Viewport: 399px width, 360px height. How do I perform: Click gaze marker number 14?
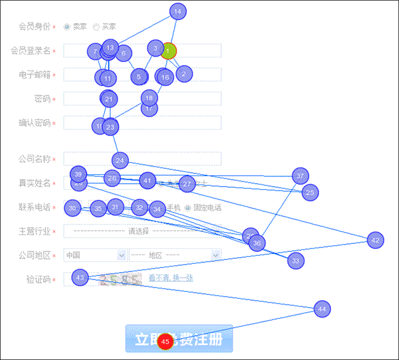point(178,11)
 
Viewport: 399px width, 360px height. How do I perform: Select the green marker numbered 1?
point(168,51)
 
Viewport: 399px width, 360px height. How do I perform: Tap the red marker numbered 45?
point(165,342)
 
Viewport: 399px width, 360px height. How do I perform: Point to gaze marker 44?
point(322,309)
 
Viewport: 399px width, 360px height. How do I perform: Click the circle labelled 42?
point(375,240)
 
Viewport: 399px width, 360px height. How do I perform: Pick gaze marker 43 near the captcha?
point(80,277)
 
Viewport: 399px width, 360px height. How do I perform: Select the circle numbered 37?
point(300,176)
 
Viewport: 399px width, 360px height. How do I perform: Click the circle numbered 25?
point(310,193)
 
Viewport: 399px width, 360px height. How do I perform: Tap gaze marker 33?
point(296,260)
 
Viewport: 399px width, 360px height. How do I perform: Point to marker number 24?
point(120,160)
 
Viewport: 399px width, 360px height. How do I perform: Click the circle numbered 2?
point(183,74)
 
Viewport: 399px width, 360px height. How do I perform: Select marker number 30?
point(73,208)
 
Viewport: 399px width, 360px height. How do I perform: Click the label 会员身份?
point(34,27)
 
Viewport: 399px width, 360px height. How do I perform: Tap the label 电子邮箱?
point(34,75)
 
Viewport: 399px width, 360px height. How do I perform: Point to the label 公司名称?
point(34,159)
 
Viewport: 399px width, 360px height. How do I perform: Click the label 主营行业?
point(34,231)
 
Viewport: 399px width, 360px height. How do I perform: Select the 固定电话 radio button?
point(188,208)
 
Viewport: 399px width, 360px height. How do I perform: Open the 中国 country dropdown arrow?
point(121,255)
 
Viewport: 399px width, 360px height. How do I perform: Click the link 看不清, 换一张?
point(171,278)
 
